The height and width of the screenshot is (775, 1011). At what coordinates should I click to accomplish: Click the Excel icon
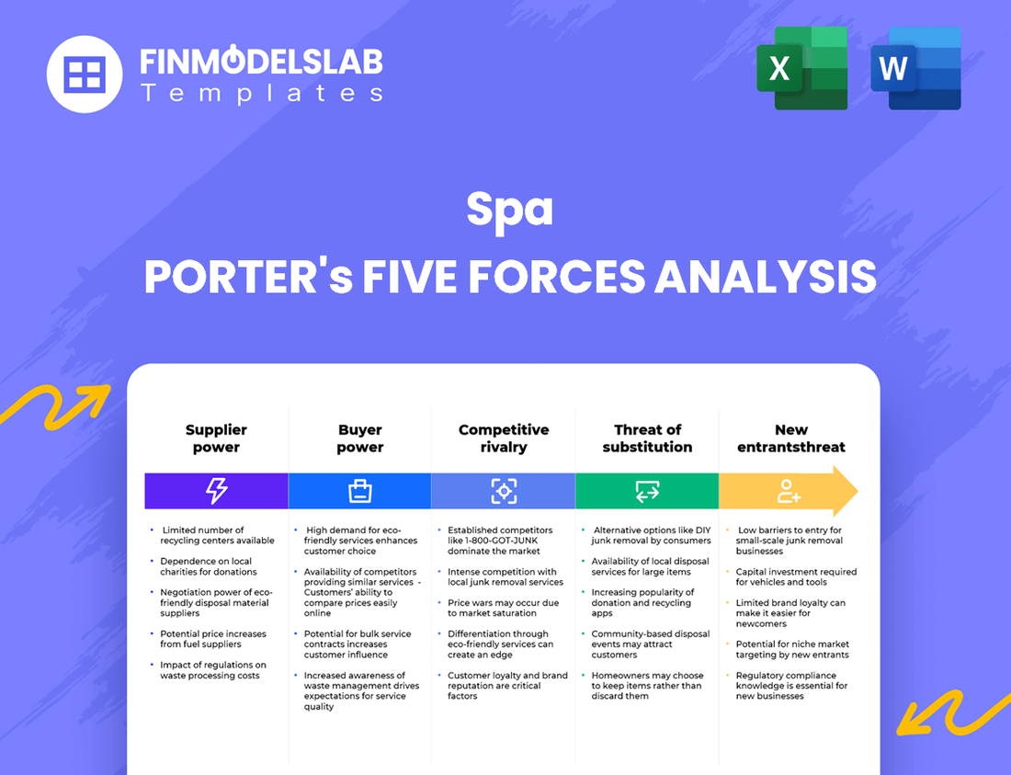point(801,69)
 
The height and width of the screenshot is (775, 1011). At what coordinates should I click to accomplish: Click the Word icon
point(915,69)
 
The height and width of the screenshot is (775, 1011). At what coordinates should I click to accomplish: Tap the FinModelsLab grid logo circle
point(85,74)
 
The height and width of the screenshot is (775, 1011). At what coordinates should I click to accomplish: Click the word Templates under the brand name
point(261,93)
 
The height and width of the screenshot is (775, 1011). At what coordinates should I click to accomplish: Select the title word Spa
point(509,210)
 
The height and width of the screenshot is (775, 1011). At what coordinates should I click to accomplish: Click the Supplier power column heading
point(216,439)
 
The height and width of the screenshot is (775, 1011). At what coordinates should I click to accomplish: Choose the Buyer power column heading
point(359,439)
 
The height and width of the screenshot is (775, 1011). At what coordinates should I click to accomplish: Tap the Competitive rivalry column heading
point(504,439)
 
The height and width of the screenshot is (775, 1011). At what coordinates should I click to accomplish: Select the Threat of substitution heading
point(647,439)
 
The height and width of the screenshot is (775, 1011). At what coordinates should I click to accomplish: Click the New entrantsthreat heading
point(790,439)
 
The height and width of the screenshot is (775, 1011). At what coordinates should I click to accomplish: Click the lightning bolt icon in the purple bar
point(216,491)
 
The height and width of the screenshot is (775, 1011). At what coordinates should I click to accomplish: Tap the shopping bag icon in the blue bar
point(359,491)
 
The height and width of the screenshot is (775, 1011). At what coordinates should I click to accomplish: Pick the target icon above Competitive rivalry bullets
point(504,491)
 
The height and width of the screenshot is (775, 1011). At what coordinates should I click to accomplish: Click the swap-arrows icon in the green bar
point(647,491)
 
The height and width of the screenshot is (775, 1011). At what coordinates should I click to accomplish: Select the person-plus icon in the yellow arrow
point(789,491)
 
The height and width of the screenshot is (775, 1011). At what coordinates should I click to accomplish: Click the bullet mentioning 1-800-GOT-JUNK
point(500,541)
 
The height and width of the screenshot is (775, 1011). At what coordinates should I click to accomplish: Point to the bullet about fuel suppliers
point(213,639)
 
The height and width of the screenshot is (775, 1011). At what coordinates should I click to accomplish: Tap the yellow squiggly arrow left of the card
point(55,404)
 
